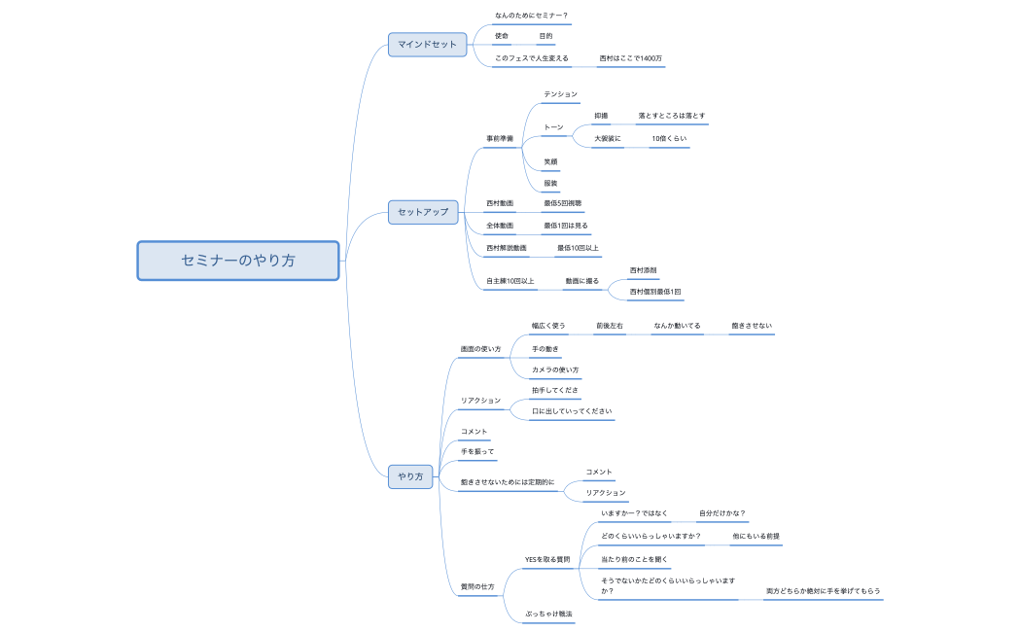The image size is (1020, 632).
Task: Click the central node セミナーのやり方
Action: click(238, 261)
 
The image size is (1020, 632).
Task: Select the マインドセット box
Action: click(428, 44)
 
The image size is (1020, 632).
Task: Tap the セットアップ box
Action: click(423, 211)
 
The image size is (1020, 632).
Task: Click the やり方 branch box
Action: click(410, 476)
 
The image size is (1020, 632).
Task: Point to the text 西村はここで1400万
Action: click(630, 58)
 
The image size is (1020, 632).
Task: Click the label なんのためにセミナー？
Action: click(531, 16)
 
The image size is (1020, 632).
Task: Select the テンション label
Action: click(560, 94)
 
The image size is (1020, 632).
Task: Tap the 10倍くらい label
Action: click(669, 139)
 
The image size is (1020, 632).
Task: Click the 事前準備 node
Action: click(500, 139)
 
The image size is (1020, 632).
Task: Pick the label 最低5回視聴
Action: click(562, 203)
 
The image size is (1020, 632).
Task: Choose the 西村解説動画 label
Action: click(507, 248)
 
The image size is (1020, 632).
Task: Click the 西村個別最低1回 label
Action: click(655, 292)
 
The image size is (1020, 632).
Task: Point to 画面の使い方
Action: click(480, 348)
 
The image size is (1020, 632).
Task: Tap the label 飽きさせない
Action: click(752, 326)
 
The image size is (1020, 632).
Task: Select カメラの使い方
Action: click(555, 370)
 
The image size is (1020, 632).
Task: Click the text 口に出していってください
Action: click(572, 411)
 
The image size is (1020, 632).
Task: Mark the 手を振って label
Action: click(477, 452)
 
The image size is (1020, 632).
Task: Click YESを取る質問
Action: click(547, 559)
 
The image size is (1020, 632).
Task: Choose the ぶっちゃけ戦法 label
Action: click(548, 614)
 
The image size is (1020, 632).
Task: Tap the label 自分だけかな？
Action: click(721, 513)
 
